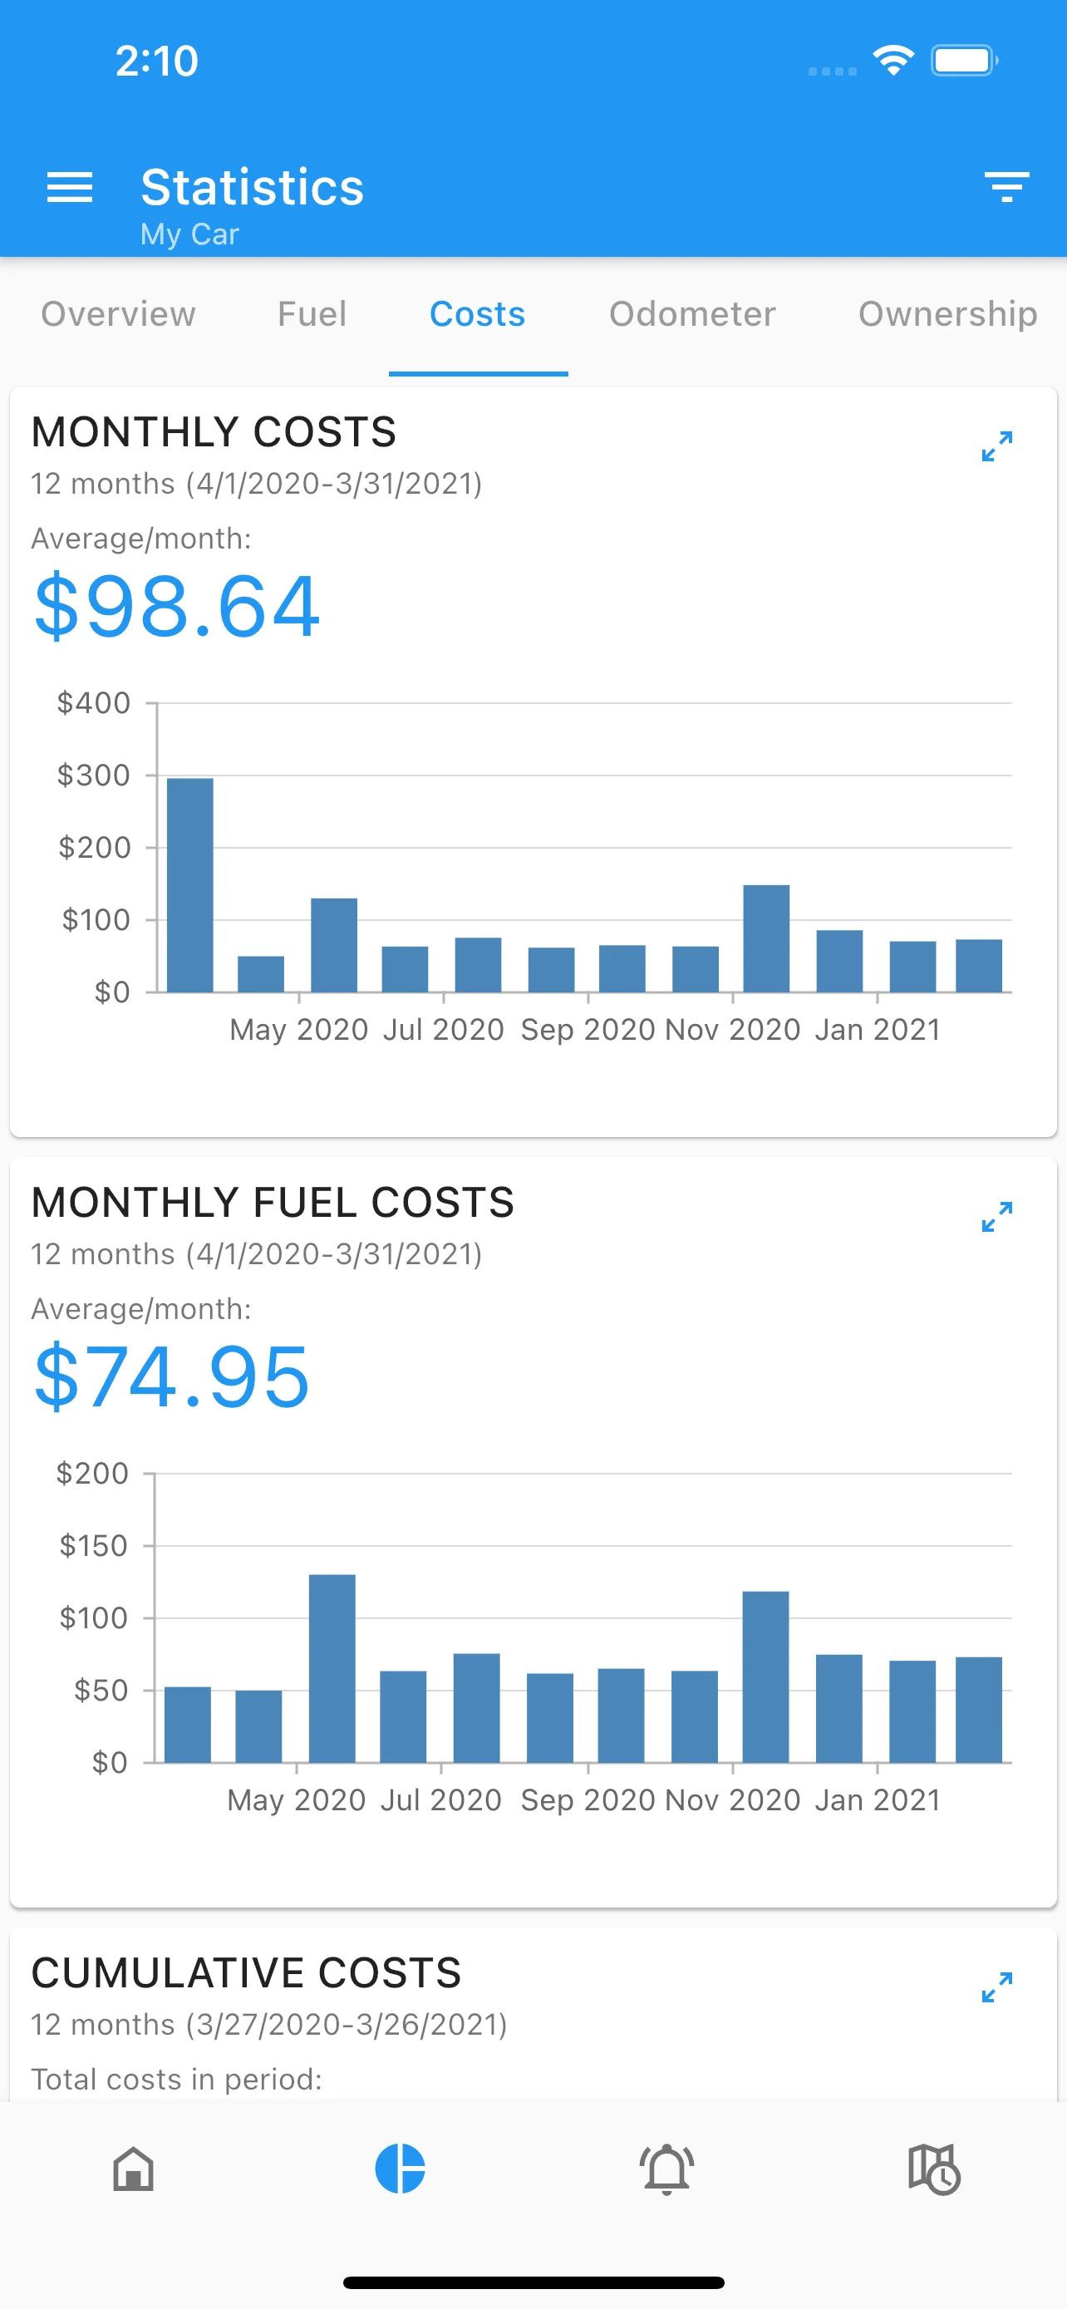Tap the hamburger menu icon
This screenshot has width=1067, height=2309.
[70, 187]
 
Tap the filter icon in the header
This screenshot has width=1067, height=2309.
[1006, 187]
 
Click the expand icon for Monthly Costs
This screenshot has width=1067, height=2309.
[996, 446]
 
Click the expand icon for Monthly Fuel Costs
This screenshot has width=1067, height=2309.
[996, 1216]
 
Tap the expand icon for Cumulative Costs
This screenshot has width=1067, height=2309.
[996, 1987]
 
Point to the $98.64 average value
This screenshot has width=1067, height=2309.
[176, 607]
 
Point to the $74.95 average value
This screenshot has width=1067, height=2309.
[172, 1378]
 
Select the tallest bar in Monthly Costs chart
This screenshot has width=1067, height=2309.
[190, 884]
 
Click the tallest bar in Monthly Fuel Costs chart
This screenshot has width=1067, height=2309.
[332, 1668]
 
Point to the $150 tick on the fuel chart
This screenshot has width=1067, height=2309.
[94, 1546]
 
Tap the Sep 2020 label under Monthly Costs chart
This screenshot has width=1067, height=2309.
[588, 1030]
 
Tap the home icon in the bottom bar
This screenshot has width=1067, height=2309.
[134, 2169]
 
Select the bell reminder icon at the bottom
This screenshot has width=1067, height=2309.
[666, 2169]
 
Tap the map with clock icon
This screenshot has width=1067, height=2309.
[933, 2169]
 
